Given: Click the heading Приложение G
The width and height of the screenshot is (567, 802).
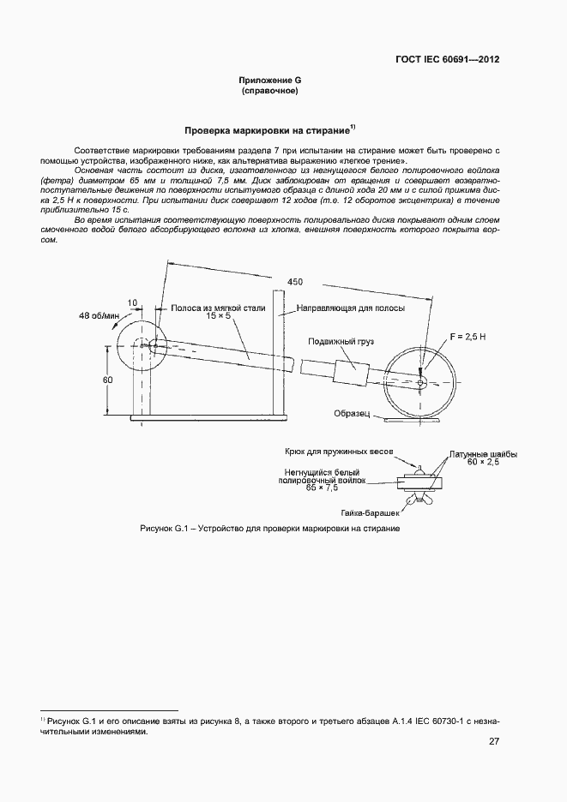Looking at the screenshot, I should pyautogui.click(x=269, y=80).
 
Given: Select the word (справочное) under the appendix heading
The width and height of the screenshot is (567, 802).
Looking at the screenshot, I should pyautogui.click(x=269, y=90).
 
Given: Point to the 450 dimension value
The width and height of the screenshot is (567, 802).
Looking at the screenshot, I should pyautogui.click(x=294, y=282).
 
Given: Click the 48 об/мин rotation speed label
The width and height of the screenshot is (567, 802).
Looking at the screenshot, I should pyautogui.click(x=99, y=315).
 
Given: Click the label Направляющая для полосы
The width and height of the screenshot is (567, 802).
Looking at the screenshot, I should pyautogui.click(x=350, y=307).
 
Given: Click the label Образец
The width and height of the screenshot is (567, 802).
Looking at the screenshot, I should pyautogui.click(x=352, y=413).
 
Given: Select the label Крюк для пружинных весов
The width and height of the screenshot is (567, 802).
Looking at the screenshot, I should pyautogui.click(x=339, y=451).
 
